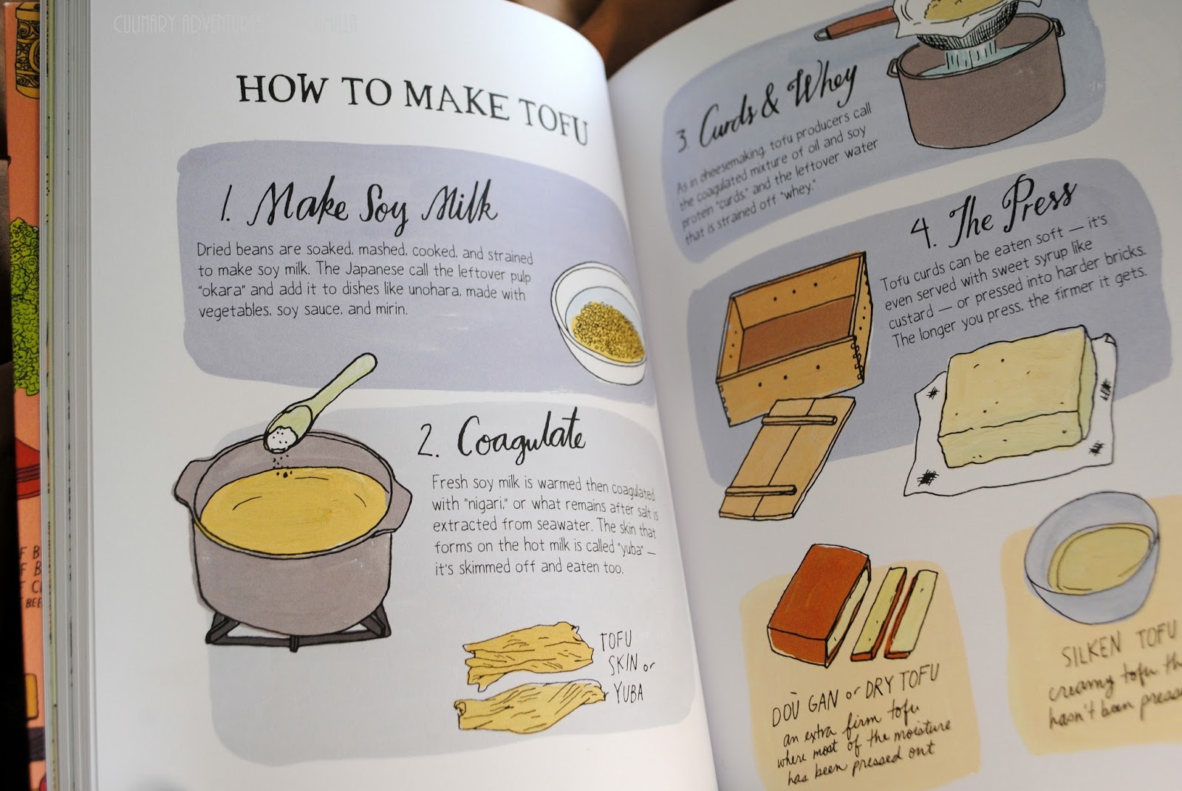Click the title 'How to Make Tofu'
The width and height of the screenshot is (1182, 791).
pos(412,109)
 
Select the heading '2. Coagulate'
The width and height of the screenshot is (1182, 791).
pos(500,439)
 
